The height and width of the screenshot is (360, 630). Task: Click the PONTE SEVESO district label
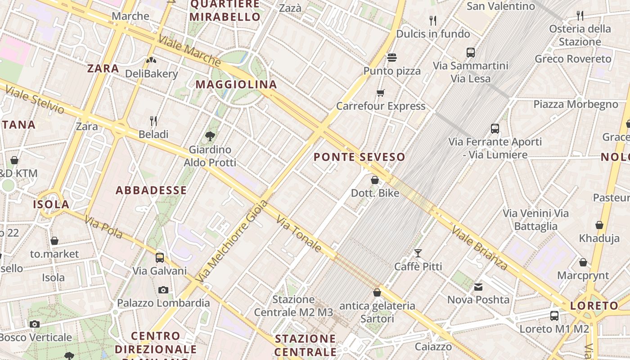(x=359, y=157)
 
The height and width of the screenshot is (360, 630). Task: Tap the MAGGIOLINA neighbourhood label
(x=236, y=85)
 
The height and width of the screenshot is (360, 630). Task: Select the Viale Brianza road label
(x=479, y=248)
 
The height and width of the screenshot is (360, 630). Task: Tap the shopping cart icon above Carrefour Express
(x=381, y=93)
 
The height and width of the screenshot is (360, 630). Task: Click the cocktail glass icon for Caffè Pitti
(x=418, y=253)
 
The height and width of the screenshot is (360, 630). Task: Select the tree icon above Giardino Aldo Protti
(x=210, y=136)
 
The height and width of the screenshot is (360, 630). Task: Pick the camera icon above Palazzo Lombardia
(x=163, y=290)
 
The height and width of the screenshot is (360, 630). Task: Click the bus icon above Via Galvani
(x=160, y=258)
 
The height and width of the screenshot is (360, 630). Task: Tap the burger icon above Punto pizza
(x=392, y=58)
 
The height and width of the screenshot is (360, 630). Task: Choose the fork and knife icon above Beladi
(x=153, y=121)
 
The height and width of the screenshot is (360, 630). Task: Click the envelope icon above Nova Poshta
(x=478, y=287)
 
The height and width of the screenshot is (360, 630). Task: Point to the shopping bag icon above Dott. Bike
(x=375, y=180)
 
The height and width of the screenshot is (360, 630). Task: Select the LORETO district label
(x=594, y=306)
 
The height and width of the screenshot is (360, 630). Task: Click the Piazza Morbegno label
(x=576, y=104)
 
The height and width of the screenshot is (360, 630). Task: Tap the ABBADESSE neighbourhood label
(x=151, y=190)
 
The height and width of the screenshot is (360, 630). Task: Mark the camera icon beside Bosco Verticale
(x=35, y=324)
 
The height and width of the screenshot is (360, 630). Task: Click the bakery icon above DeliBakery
(x=151, y=60)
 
